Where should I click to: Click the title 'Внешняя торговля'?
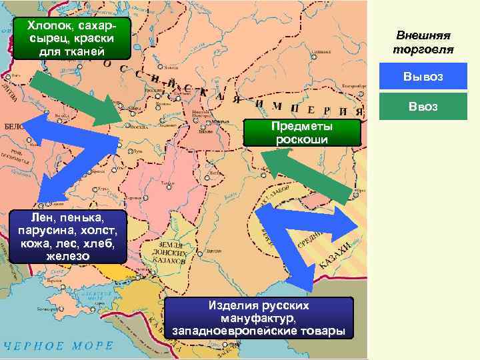click(423, 42)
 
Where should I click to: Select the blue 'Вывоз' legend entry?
click(423, 77)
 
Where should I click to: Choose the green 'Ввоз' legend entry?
click(423, 106)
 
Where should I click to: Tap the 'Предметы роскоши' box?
click(302, 133)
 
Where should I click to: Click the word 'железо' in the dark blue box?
click(63, 256)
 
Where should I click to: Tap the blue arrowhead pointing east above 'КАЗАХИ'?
click(350, 223)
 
